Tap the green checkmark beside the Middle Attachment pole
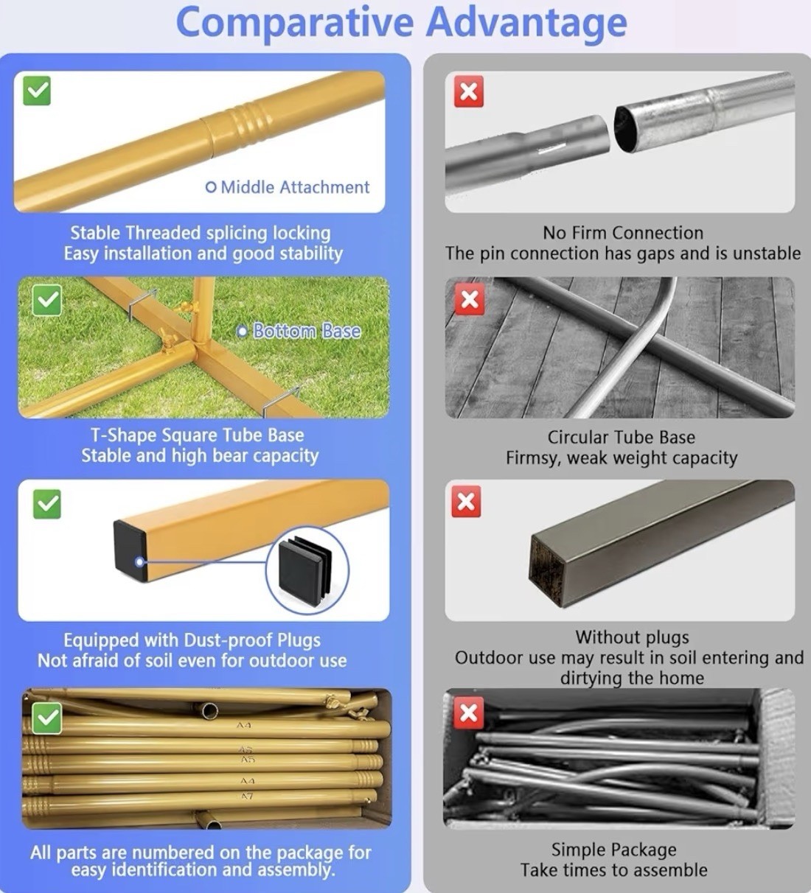(37, 91)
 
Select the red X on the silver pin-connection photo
(468, 91)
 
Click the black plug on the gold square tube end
(130, 550)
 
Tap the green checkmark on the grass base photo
(46, 300)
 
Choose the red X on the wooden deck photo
(469, 300)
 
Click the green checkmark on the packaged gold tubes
(46, 718)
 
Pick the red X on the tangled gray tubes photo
(468, 713)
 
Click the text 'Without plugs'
(632, 637)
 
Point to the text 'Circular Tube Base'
(622, 437)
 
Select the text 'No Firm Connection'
(623, 233)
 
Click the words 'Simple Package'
(613, 850)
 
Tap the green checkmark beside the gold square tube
(46, 504)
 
